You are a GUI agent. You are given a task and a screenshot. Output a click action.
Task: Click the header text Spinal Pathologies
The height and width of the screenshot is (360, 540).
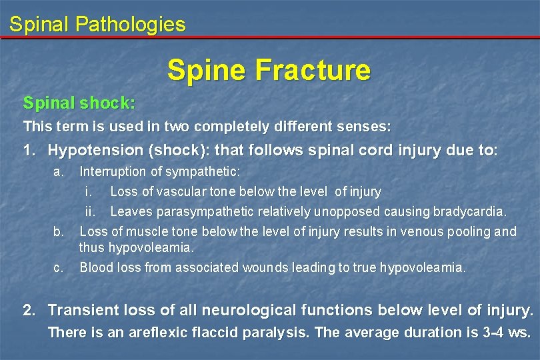click(x=97, y=25)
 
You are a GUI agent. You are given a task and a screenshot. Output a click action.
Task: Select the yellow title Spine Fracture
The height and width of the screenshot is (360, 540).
click(x=269, y=70)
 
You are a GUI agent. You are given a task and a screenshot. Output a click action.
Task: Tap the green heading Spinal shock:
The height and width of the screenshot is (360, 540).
click(x=79, y=103)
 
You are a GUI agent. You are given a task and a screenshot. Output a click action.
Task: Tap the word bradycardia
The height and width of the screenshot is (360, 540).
click(x=469, y=212)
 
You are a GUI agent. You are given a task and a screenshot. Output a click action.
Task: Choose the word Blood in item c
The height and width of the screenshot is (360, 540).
click(x=95, y=268)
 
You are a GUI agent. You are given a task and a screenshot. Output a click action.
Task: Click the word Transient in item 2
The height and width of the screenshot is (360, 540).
click(x=83, y=310)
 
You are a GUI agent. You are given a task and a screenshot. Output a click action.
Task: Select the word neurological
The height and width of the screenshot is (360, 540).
click(x=253, y=310)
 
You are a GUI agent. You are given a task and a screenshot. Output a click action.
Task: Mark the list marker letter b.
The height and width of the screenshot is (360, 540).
click(x=59, y=231)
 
